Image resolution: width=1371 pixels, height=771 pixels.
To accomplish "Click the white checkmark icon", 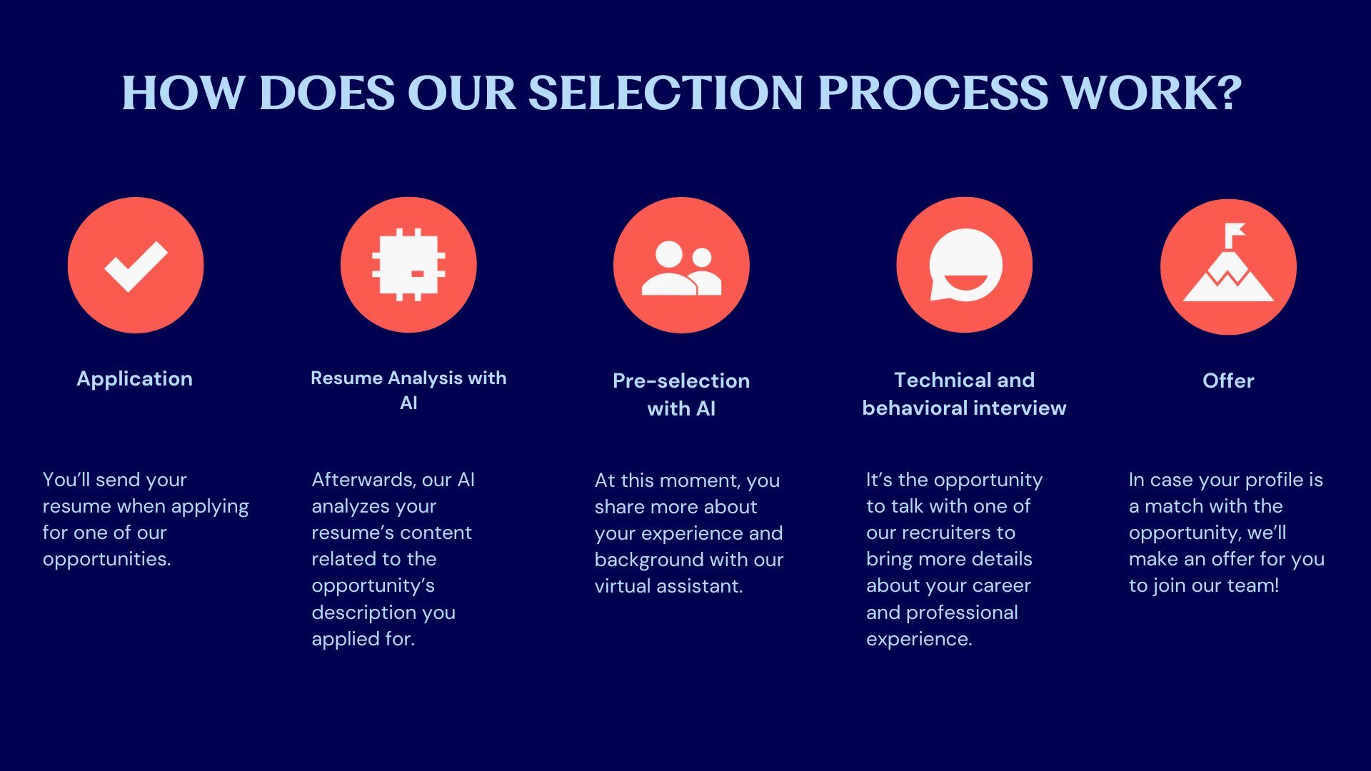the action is (x=136, y=266).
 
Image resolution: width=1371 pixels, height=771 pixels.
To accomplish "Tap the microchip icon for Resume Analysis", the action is (x=408, y=265).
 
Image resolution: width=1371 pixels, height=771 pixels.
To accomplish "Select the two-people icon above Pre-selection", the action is (x=681, y=268).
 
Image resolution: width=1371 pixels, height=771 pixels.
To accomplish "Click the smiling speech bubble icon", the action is (x=965, y=265).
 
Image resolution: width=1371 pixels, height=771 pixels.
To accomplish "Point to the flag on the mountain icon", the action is (x=1235, y=232).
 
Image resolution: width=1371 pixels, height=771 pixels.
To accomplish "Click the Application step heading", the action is (x=134, y=379).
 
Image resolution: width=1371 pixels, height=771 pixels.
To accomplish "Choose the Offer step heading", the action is (x=1228, y=381).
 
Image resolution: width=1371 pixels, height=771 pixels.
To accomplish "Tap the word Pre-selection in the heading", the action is (x=681, y=381).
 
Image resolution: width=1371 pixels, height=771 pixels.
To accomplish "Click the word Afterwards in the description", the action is (x=363, y=480).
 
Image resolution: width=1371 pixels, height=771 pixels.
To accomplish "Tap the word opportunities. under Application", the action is (x=107, y=559).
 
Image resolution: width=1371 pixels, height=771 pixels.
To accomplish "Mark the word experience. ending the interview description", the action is (x=919, y=639).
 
